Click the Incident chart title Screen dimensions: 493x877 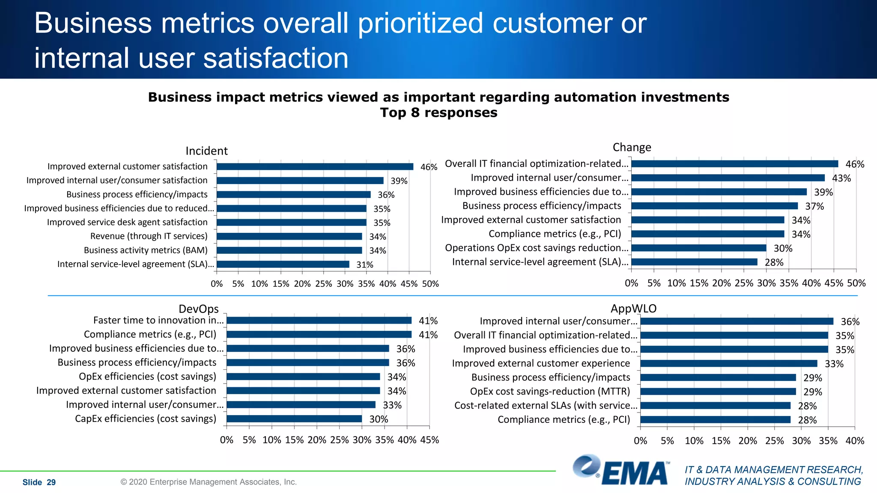(x=206, y=151)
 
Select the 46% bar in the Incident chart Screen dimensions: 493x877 (x=315, y=166)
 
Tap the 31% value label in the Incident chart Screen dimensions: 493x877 (x=364, y=265)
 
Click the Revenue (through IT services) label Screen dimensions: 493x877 (x=149, y=236)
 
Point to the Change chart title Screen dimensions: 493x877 (x=632, y=147)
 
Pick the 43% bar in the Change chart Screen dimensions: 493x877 (x=728, y=178)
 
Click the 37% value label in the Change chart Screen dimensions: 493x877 (x=814, y=206)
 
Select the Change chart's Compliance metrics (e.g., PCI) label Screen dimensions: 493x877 (x=555, y=234)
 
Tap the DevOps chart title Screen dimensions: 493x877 (x=198, y=309)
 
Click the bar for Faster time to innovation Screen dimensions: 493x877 (x=319, y=321)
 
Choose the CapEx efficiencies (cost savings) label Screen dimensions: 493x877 (x=146, y=419)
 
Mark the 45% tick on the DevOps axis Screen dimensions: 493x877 (x=430, y=440)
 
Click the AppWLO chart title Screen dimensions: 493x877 (x=633, y=309)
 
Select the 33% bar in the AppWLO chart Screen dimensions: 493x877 (x=728, y=364)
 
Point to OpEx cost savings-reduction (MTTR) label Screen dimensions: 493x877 (x=550, y=392)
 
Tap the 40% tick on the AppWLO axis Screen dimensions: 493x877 (x=855, y=441)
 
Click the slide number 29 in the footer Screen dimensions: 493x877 (x=51, y=482)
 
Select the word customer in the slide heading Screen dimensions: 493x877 (x=552, y=23)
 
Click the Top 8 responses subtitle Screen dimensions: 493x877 (x=438, y=113)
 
